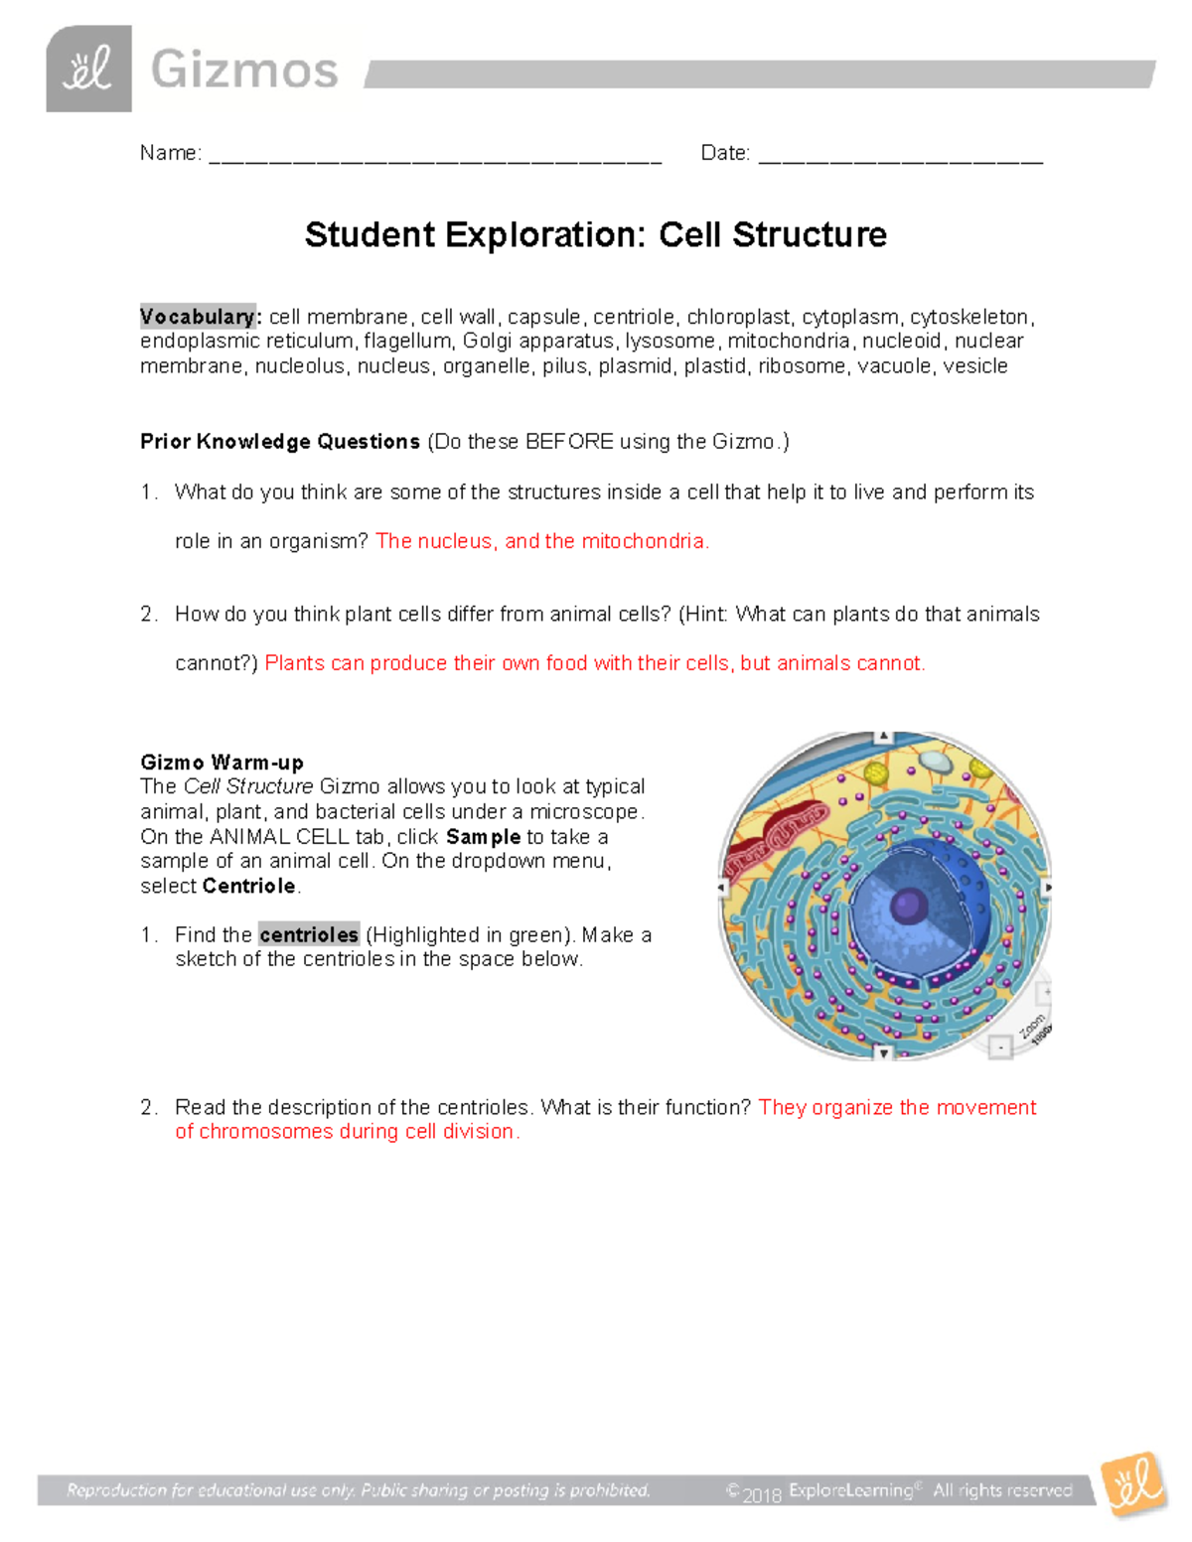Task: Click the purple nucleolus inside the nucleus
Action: (x=908, y=906)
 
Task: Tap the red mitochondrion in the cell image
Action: (x=773, y=835)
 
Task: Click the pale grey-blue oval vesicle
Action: (x=934, y=762)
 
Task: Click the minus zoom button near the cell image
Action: (x=1000, y=1047)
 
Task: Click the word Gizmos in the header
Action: (x=244, y=70)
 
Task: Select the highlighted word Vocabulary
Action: (x=197, y=317)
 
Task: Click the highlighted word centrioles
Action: (x=308, y=934)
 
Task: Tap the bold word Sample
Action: (x=483, y=837)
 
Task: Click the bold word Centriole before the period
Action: (x=248, y=886)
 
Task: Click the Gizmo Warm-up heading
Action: (x=222, y=763)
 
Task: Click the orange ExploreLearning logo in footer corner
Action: (x=1132, y=1485)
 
